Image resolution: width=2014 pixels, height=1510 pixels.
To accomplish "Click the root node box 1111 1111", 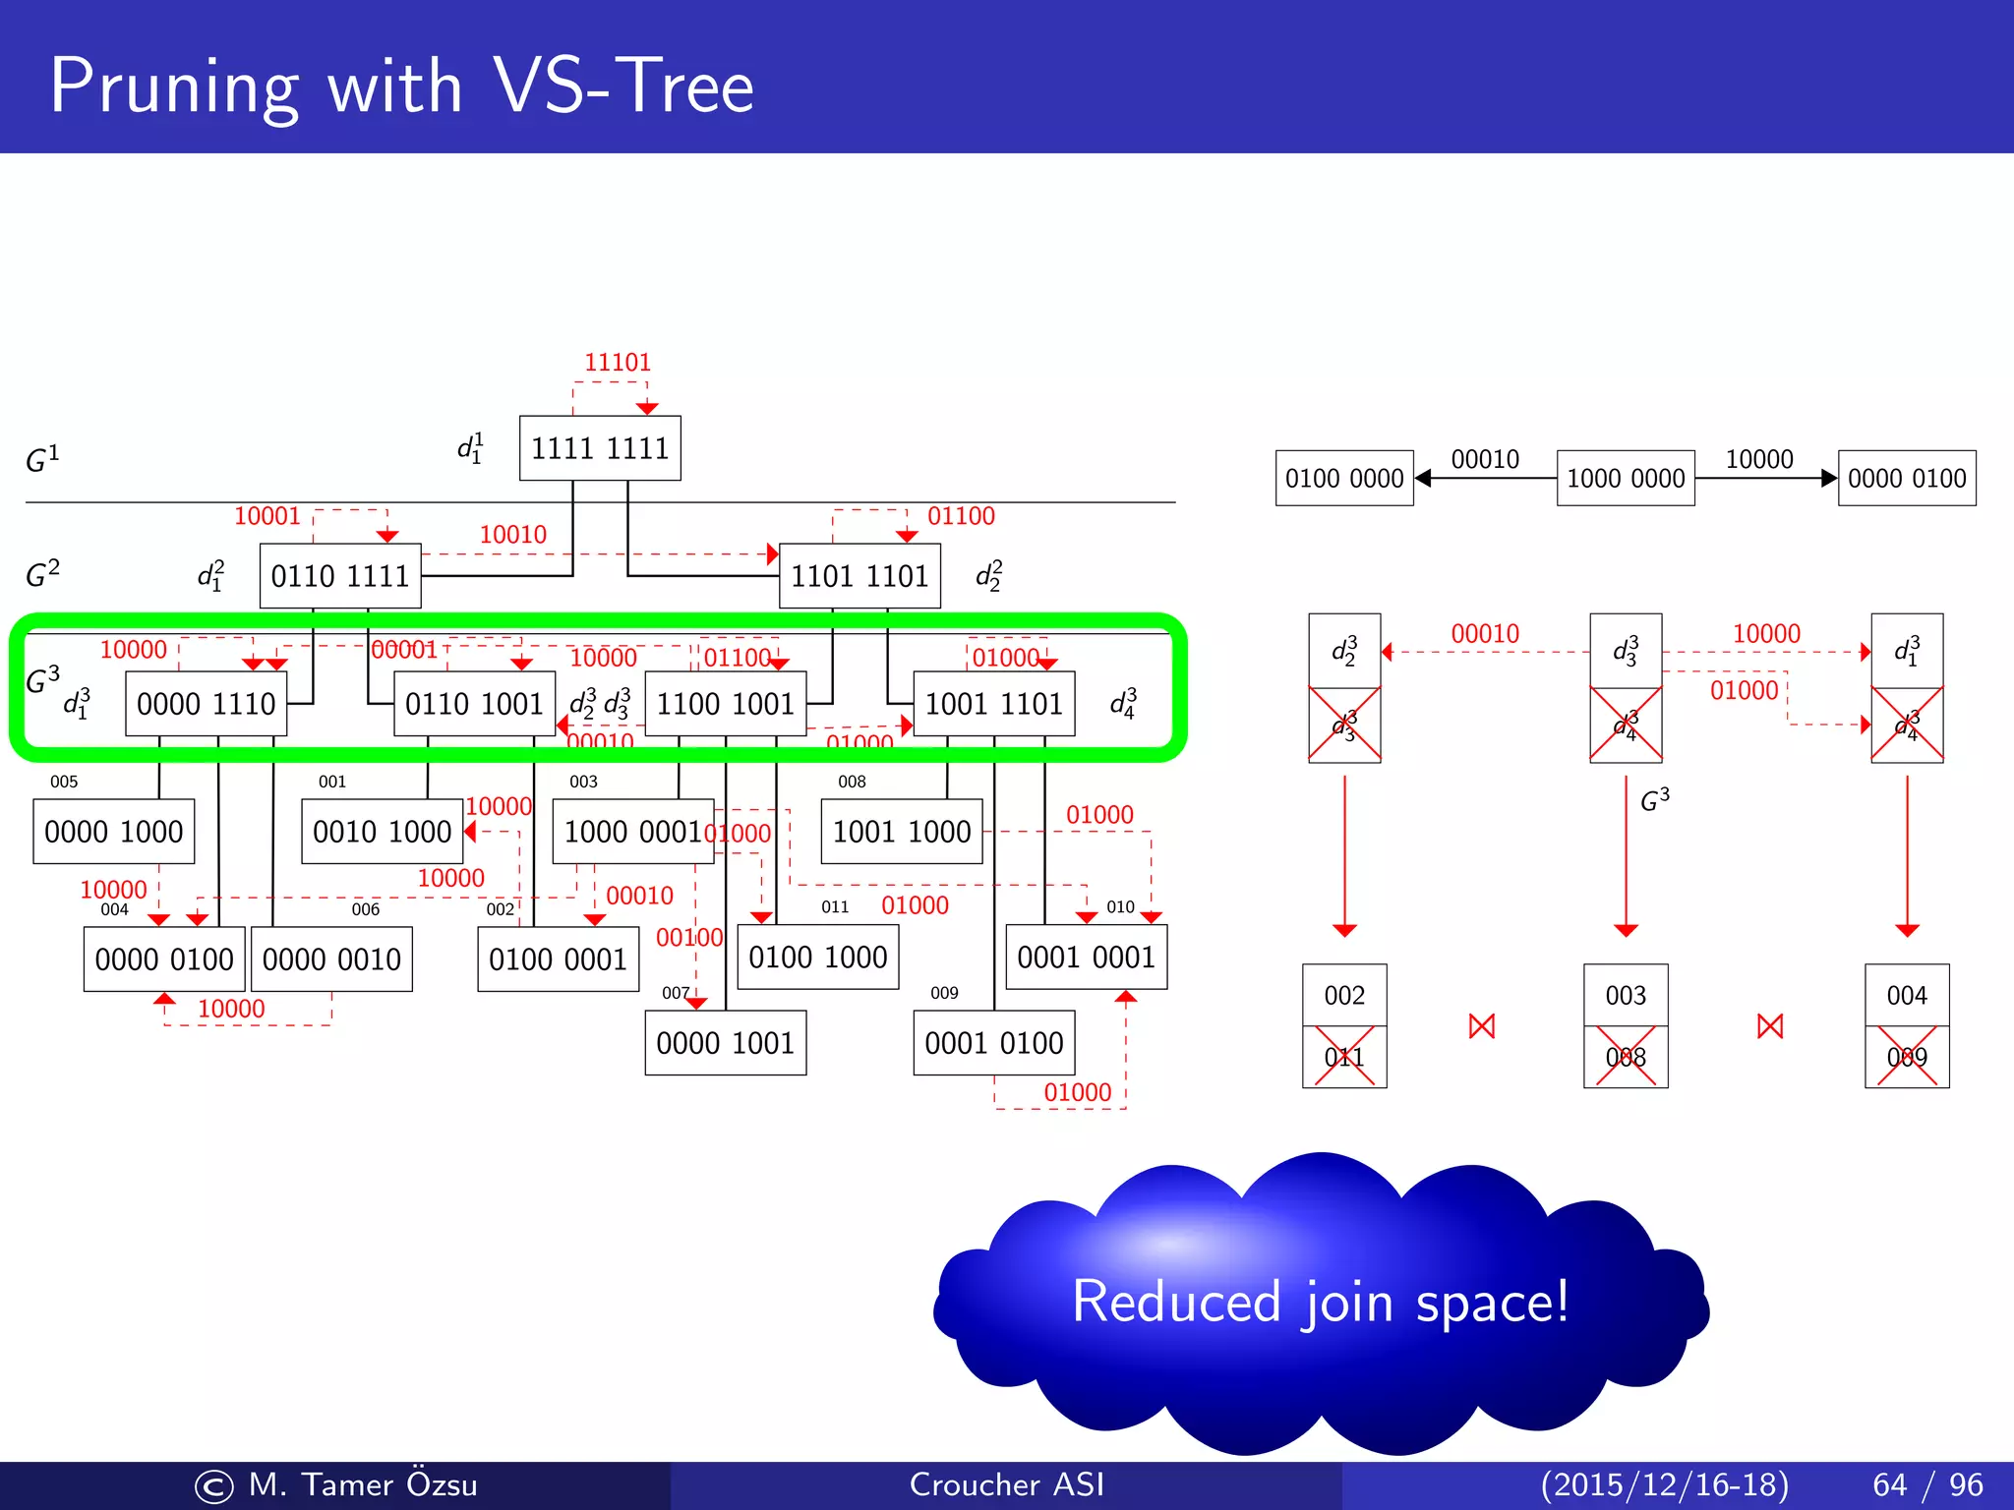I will tap(600, 448).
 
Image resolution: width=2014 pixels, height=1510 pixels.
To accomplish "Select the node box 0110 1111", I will tap(340, 576).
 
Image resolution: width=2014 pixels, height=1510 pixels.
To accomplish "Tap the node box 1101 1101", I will tap(859, 576).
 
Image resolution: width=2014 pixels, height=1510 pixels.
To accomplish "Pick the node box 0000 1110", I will tap(206, 704).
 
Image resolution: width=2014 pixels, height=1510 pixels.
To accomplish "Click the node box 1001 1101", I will tap(993, 704).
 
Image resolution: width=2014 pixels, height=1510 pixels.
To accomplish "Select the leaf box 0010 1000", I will tap(382, 832).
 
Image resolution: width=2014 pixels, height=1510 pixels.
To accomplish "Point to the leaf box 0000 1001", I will tap(725, 1043).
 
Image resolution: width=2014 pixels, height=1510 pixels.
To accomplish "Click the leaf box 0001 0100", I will tap(993, 1043).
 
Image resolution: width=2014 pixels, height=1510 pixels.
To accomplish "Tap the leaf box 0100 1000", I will tap(817, 958).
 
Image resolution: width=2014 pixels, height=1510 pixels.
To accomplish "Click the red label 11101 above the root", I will tap(618, 363).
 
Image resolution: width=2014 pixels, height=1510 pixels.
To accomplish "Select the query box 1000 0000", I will tap(1626, 479).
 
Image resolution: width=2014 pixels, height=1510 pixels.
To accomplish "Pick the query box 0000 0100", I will tap(1906, 479).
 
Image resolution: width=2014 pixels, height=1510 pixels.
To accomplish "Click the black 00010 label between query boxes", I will tap(1485, 459).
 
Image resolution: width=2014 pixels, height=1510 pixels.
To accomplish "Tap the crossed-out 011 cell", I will tap(1344, 1058).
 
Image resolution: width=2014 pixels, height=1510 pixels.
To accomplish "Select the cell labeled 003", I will tap(1626, 996).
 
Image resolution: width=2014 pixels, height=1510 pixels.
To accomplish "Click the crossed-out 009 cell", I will tap(1906, 1058).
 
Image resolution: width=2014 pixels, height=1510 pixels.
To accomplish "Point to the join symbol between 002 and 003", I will tap(1481, 1027).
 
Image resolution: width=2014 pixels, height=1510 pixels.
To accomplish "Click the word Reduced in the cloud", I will tap(1176, 1303).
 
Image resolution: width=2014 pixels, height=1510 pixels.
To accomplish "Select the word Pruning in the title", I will tap(173, 88).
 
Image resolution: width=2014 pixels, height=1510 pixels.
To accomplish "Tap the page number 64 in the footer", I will tap(1889, 1484).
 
